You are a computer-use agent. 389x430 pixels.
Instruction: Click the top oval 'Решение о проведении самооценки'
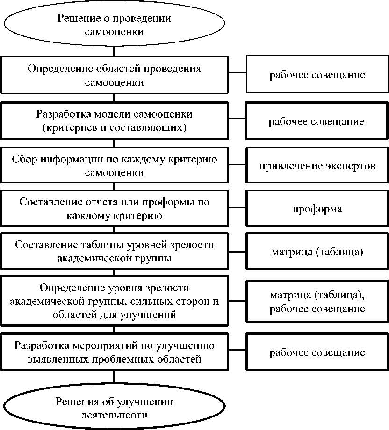pos(114,25)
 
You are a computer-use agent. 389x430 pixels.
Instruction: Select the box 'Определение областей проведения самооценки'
pos(114,75)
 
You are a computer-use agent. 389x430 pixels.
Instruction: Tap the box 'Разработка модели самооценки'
pos(114,120)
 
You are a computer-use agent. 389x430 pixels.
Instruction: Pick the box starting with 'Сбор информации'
pos(114,165)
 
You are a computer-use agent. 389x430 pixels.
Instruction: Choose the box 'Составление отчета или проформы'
pos(114,208)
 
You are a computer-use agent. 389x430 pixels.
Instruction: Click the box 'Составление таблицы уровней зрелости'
pos(114,251)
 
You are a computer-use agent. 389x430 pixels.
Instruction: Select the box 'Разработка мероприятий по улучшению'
pos(114,352)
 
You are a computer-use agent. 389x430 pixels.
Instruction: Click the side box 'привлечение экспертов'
pos(317,166)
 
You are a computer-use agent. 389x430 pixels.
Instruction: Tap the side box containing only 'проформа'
pos(317,209)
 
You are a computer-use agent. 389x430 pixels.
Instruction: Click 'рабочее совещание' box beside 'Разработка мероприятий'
pos(317,352)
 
